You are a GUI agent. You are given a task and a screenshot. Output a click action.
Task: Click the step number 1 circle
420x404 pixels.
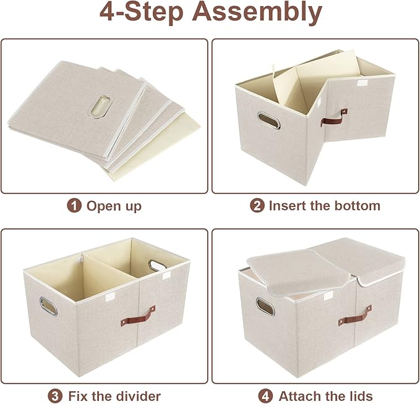coord(75,206)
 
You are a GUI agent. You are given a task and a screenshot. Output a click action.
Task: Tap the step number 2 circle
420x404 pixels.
coord(257,206)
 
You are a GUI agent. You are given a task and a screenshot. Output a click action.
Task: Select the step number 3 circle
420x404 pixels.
coord(56,396)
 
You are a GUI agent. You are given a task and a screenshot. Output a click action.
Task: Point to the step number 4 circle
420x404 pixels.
coord(266,396)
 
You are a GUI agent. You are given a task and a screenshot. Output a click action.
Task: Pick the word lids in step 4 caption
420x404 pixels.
coord(361,396)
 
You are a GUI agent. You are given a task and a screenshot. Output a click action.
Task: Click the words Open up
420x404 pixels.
coord(114,206)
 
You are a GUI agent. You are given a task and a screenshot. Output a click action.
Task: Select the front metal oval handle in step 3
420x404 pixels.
coord(48,305)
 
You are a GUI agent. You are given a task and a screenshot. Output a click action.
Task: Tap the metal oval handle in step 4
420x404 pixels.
coord(265,305)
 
